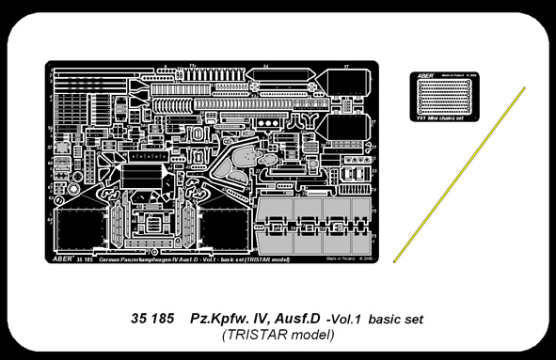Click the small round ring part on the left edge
click(x=58, y=198)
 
